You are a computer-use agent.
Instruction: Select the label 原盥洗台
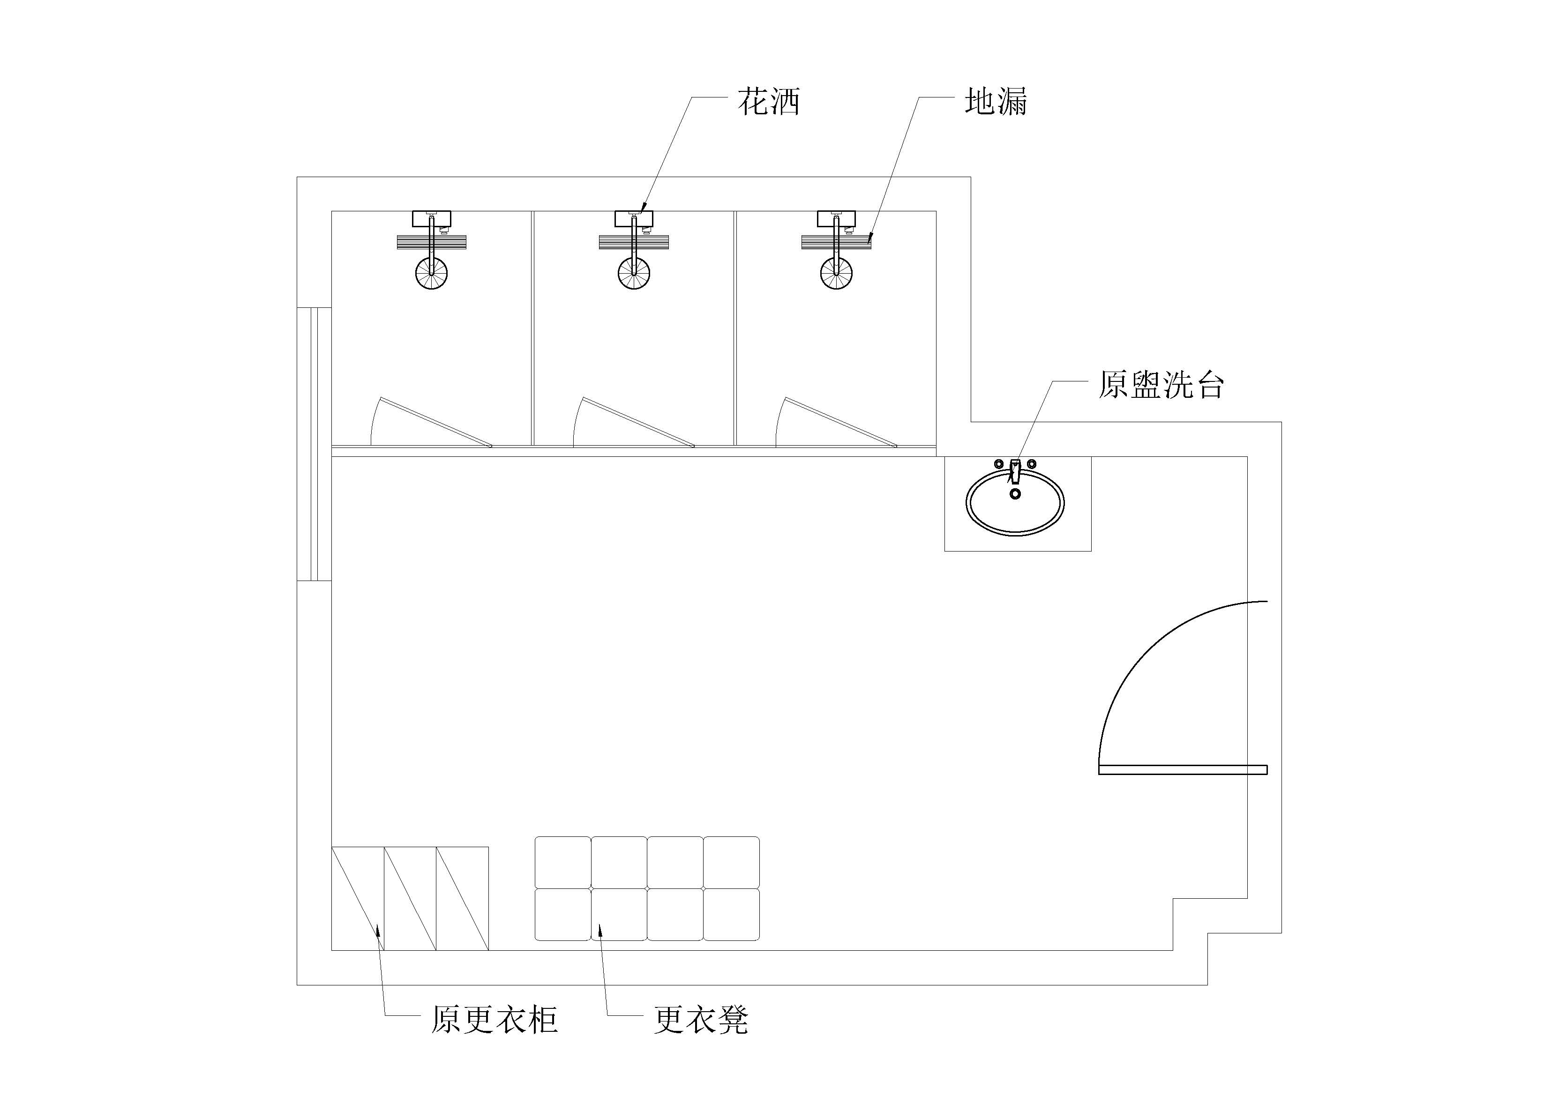pyautogui.click(x=1161, y=385)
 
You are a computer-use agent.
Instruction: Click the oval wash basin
pyautogui.click(x=1015, y=503)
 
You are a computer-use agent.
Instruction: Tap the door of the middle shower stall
pyautogui.click(x=638, y=422)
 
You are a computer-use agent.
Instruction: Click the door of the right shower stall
pyautogui.click(x=841, y=422)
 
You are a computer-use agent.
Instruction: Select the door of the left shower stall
pyautogui.click(x=436, y=422)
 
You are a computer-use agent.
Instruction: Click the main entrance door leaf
pyautogui.click(x=1183, y=769)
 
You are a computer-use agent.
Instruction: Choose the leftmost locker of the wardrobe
pyautogui.click(x=357, y=898)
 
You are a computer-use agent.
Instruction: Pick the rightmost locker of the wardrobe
pyautogui.click(x=463, y=898)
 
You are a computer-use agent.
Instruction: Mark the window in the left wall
pyautogui.click(x=314, y=444)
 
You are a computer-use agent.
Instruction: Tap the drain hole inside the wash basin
pyautogui.click(x=1015, y=493)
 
